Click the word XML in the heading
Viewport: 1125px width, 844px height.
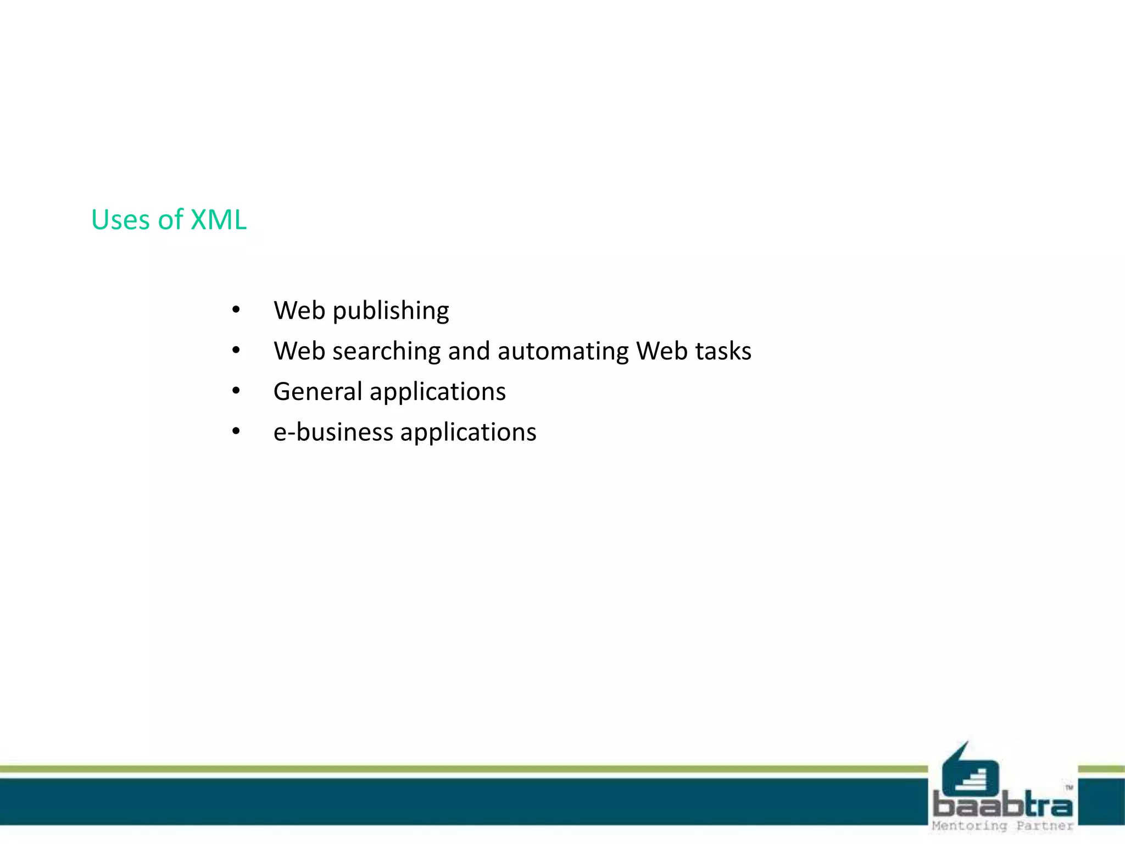click(x=218, y=220)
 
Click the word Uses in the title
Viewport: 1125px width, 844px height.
click(x=120, y=220)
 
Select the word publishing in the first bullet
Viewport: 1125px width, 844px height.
click(x=391, y=311)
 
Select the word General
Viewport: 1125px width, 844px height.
click(x=318, y=392)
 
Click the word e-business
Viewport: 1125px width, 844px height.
click(x=333, y=432)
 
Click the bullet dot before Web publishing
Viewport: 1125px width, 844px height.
click(x=236, y=310)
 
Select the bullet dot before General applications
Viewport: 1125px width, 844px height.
click(x=236, y=391)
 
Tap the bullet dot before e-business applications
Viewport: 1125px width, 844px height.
click(x=236, y=432)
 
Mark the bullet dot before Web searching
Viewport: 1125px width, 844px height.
click(x=236, y=351)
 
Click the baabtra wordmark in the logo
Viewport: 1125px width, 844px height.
click(x=1003, y=806)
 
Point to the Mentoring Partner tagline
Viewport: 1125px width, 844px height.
click(x=1003, y=826)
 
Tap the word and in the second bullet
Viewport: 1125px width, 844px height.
click(x=469, y=352)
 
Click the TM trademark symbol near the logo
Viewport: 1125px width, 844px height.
click(x=1068, y=788)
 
